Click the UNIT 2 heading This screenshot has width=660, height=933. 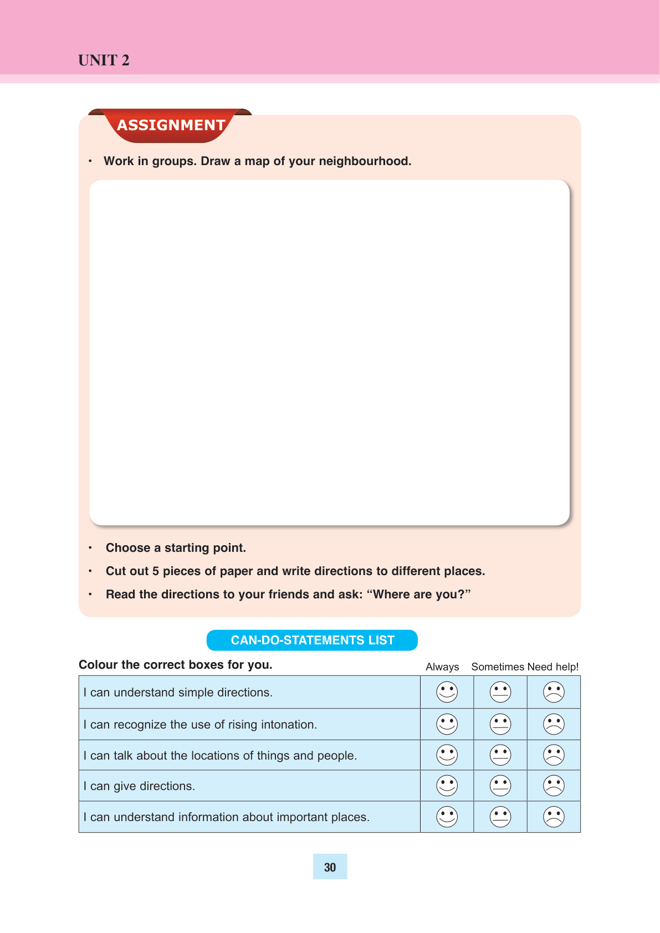104,60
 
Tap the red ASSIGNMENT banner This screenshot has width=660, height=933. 171,125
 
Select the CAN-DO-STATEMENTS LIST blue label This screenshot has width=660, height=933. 312,640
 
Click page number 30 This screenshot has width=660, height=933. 330,867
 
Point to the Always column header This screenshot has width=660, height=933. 442,667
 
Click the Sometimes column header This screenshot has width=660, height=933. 498,667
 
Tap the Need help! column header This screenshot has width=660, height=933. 553,667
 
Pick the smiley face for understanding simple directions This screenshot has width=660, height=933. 447,692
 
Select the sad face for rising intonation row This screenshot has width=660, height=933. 554,724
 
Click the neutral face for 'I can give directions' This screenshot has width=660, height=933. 500,786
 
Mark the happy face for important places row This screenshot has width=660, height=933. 447,817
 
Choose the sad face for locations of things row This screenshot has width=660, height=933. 554,755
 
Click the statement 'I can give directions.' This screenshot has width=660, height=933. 139,786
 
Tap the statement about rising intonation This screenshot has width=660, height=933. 200,725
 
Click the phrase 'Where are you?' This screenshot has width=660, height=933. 419,594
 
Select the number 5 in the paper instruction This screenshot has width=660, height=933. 156,571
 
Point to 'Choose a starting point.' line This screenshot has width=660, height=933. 176,548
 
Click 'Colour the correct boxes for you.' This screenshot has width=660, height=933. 176,665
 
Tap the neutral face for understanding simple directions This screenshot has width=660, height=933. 500,692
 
